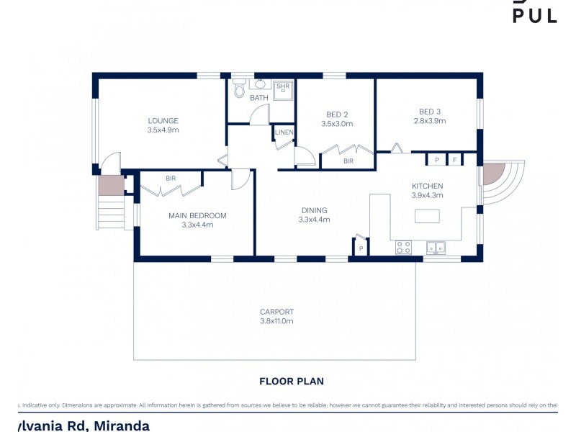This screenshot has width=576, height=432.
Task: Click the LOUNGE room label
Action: (163, 120)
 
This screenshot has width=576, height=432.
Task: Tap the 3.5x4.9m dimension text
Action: (163, 130)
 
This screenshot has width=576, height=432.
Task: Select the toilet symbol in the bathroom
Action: (239, 90)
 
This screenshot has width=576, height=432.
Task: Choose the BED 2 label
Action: (337, 114)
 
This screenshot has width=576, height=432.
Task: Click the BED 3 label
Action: (430, 111)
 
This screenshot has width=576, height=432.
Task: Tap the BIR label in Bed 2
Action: (348, 161)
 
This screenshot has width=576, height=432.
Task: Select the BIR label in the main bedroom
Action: (171, 178)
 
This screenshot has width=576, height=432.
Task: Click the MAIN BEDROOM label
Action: (197, 215)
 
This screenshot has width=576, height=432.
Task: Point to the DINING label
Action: (314, 210)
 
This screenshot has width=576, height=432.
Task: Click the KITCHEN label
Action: (427, 186)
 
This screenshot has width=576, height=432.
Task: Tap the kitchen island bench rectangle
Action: (427, 216)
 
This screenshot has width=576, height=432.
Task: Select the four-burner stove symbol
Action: (404, 247)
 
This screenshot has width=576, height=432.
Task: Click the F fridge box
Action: (455, 159)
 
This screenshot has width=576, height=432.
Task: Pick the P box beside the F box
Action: (436, 159)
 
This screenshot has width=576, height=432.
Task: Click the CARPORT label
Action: (276, 312)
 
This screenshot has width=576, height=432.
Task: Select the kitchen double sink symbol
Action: (435, 247)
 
